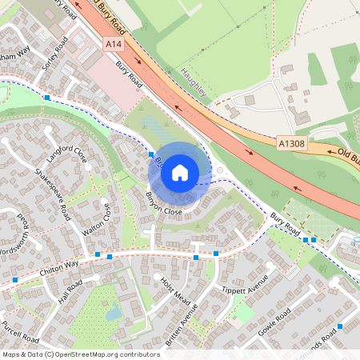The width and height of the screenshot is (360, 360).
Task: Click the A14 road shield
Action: (113, 46)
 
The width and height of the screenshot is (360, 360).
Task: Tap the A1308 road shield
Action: (291, 142)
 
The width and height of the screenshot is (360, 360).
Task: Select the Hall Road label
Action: (70, 294)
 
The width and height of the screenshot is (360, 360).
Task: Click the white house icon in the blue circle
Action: (180, 172)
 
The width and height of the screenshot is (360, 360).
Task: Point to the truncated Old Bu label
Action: (342, 154)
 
